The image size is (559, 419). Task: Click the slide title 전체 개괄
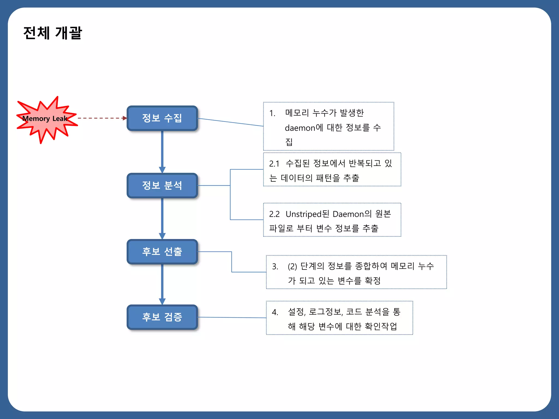pos(53,33)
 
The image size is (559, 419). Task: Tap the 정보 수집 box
pos(162,118)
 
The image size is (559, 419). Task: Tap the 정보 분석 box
pos(162,185)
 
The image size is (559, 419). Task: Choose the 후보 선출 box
pos(162,252)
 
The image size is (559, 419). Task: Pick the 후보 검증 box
pos(162,317)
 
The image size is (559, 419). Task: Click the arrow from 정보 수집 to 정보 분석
pos(162,151)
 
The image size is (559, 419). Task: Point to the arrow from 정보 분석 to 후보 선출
pos(162,218)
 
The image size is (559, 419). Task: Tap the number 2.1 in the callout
pos(274,164)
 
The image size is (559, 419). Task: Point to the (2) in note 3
pos(292,267)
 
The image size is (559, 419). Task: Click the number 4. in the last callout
pos(275,312)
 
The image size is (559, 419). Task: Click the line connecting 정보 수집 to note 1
pos(231,122)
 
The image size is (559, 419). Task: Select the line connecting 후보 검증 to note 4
pos(232,318)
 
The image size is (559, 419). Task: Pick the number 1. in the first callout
pos(272,113)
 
